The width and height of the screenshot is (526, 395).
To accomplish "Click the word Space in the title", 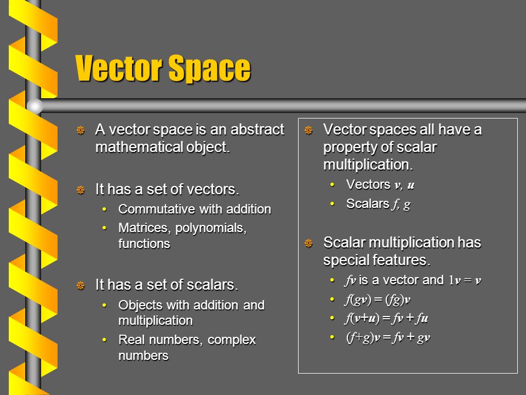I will tap(210, 69).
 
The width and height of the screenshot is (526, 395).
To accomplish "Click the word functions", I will tap(144, 244).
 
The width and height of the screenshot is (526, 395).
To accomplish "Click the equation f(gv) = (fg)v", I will tap(378, 300).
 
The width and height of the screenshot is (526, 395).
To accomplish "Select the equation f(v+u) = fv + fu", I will tap(386, 319).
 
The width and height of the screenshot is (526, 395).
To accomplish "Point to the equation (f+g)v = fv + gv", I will tap(388, 337).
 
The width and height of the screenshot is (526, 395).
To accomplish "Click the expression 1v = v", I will tap(465, 280).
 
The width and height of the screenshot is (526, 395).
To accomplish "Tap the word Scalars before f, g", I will tap(367, 204).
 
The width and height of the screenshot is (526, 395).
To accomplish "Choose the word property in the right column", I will tap(346, 148).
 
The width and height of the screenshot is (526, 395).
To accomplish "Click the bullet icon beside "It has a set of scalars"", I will tap(80, 285).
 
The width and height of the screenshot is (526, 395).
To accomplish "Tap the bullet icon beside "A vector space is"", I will tap(80, 131).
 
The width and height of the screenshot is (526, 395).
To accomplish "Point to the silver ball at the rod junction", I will tap(35, 106).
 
